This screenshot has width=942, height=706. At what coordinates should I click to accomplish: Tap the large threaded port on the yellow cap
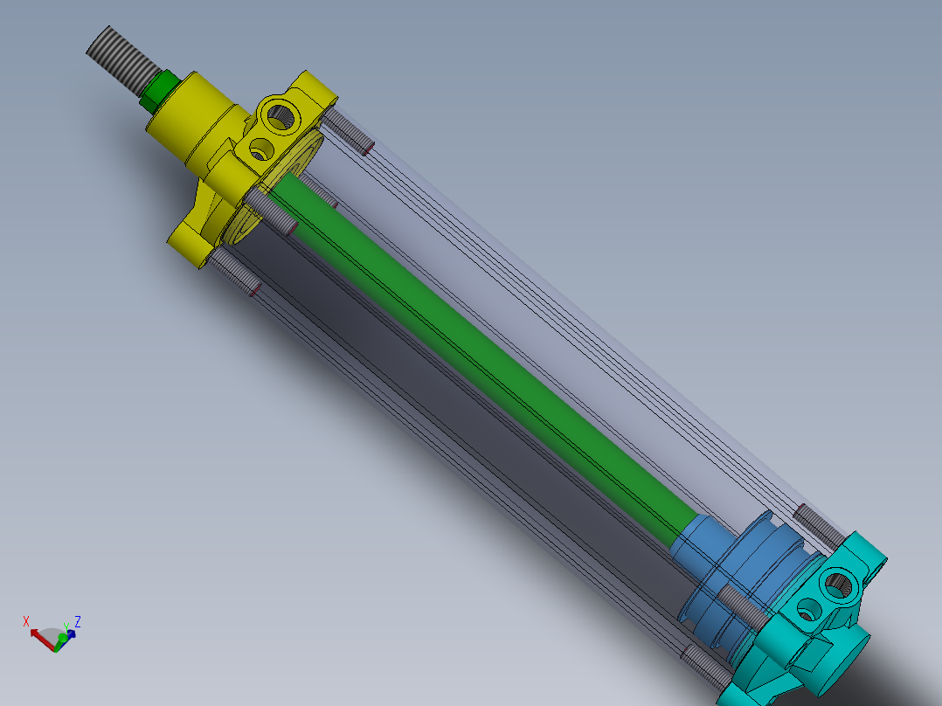[x=282, y=114]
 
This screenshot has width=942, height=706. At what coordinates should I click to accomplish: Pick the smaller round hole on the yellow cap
[x=260, y=149]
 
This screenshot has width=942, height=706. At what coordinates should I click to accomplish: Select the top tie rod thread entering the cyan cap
[x=818, y=524]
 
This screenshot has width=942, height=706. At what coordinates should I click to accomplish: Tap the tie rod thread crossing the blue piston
[x=739, y=606]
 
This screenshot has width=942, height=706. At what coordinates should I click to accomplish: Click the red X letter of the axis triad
[x=26, y=621]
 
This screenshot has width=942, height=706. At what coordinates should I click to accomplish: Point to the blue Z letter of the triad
[x=78, y=621]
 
